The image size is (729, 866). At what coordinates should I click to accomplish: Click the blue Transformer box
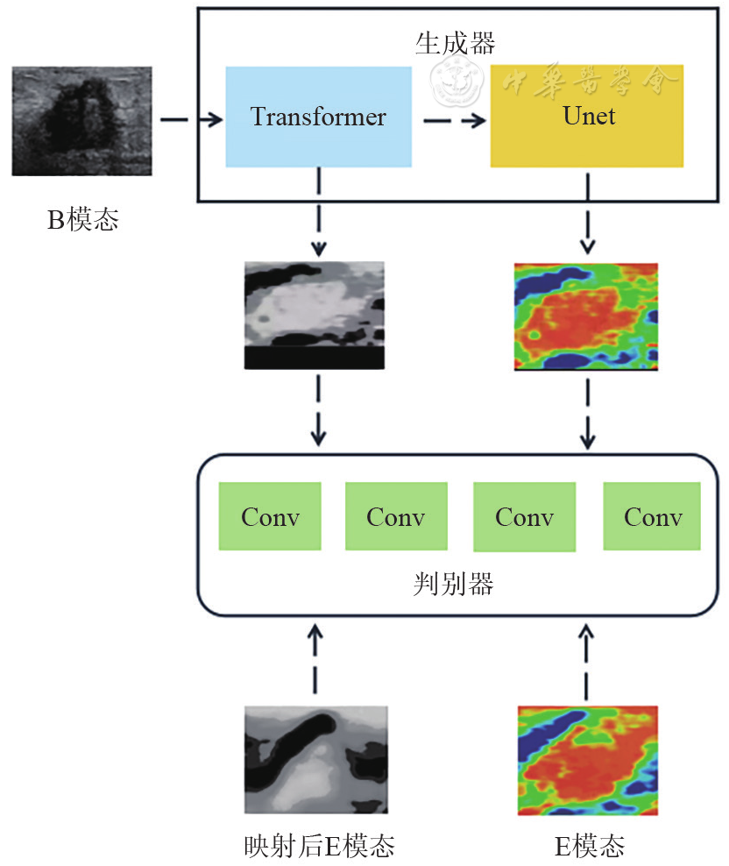click(318, 117)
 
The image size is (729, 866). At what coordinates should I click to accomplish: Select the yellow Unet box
click(587, 117)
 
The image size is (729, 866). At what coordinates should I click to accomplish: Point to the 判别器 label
click(452, 584)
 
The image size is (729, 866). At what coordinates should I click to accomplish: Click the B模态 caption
click(82, 220)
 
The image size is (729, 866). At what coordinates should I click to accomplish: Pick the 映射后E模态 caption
click(319, 846)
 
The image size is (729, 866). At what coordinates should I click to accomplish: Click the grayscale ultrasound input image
click(81, 123)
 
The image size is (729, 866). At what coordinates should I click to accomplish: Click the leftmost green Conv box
click(270, 516)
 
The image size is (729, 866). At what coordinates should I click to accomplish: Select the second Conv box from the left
click(396, 516)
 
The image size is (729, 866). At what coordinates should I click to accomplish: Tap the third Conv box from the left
click(524, 516)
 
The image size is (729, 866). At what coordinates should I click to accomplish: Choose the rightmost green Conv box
click(653, 516)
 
